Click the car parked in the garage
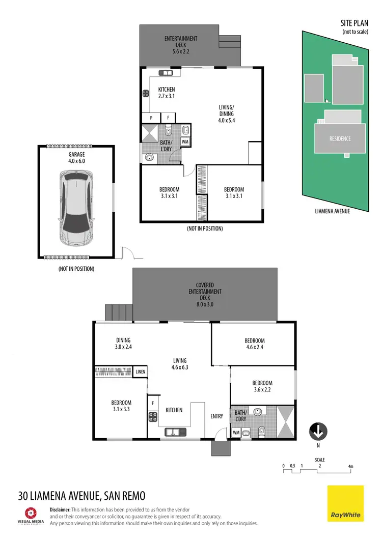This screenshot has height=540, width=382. coord(76,206)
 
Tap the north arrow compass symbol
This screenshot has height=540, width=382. coord(318,433)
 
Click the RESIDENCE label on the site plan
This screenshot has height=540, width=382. coord(340,138)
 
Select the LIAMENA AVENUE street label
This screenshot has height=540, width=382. coord(332,210)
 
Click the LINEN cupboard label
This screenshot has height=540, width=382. coord(141,372)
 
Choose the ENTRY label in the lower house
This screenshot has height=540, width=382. coord(217,416)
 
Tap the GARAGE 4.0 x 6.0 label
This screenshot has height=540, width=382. coord(76,158)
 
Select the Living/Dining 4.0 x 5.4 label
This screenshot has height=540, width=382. coord(227,113)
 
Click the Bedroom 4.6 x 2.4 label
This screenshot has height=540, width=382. coord(255,344)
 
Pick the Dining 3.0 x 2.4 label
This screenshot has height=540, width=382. coord(123,344)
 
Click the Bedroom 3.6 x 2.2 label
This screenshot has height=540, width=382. coord(262,386)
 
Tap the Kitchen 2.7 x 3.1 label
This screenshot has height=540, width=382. coord(167,93)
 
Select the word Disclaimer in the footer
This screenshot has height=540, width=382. coord(63,509)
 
